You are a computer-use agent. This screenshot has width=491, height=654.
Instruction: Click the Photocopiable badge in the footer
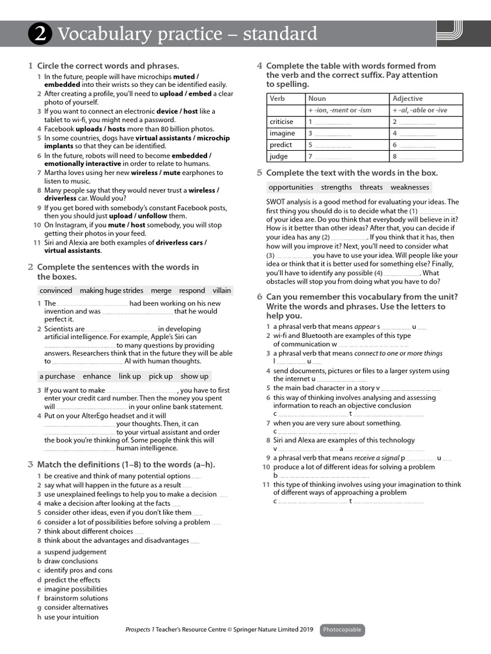[x=342, y=630]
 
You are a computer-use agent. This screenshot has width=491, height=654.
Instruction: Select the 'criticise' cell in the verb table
[x=281, y=122]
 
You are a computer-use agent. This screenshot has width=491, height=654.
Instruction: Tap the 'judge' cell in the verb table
[x=279, y=156]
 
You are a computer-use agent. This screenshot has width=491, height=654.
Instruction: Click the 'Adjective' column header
[x=407, y=98]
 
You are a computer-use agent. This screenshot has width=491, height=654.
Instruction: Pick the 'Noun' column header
[x=316, y=98]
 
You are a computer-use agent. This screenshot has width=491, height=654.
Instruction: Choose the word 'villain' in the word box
[x=222, y=291]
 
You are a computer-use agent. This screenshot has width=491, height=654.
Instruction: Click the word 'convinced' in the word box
[x=56, y=291]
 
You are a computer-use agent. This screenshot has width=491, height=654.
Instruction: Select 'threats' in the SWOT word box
[x=371, y=187]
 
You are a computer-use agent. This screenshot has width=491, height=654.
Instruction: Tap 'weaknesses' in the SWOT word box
[x=410, y=187]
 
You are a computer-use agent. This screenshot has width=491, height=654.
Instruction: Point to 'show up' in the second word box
[x=194, y=376]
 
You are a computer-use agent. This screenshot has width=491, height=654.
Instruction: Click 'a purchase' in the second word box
[x=57, y=376]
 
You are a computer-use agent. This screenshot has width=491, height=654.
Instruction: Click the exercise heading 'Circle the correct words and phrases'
[x=107, y=66]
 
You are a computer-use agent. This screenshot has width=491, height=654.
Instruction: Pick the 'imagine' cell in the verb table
[x=282, y=133]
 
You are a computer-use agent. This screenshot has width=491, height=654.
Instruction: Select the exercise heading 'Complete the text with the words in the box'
[x=352, y=173]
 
